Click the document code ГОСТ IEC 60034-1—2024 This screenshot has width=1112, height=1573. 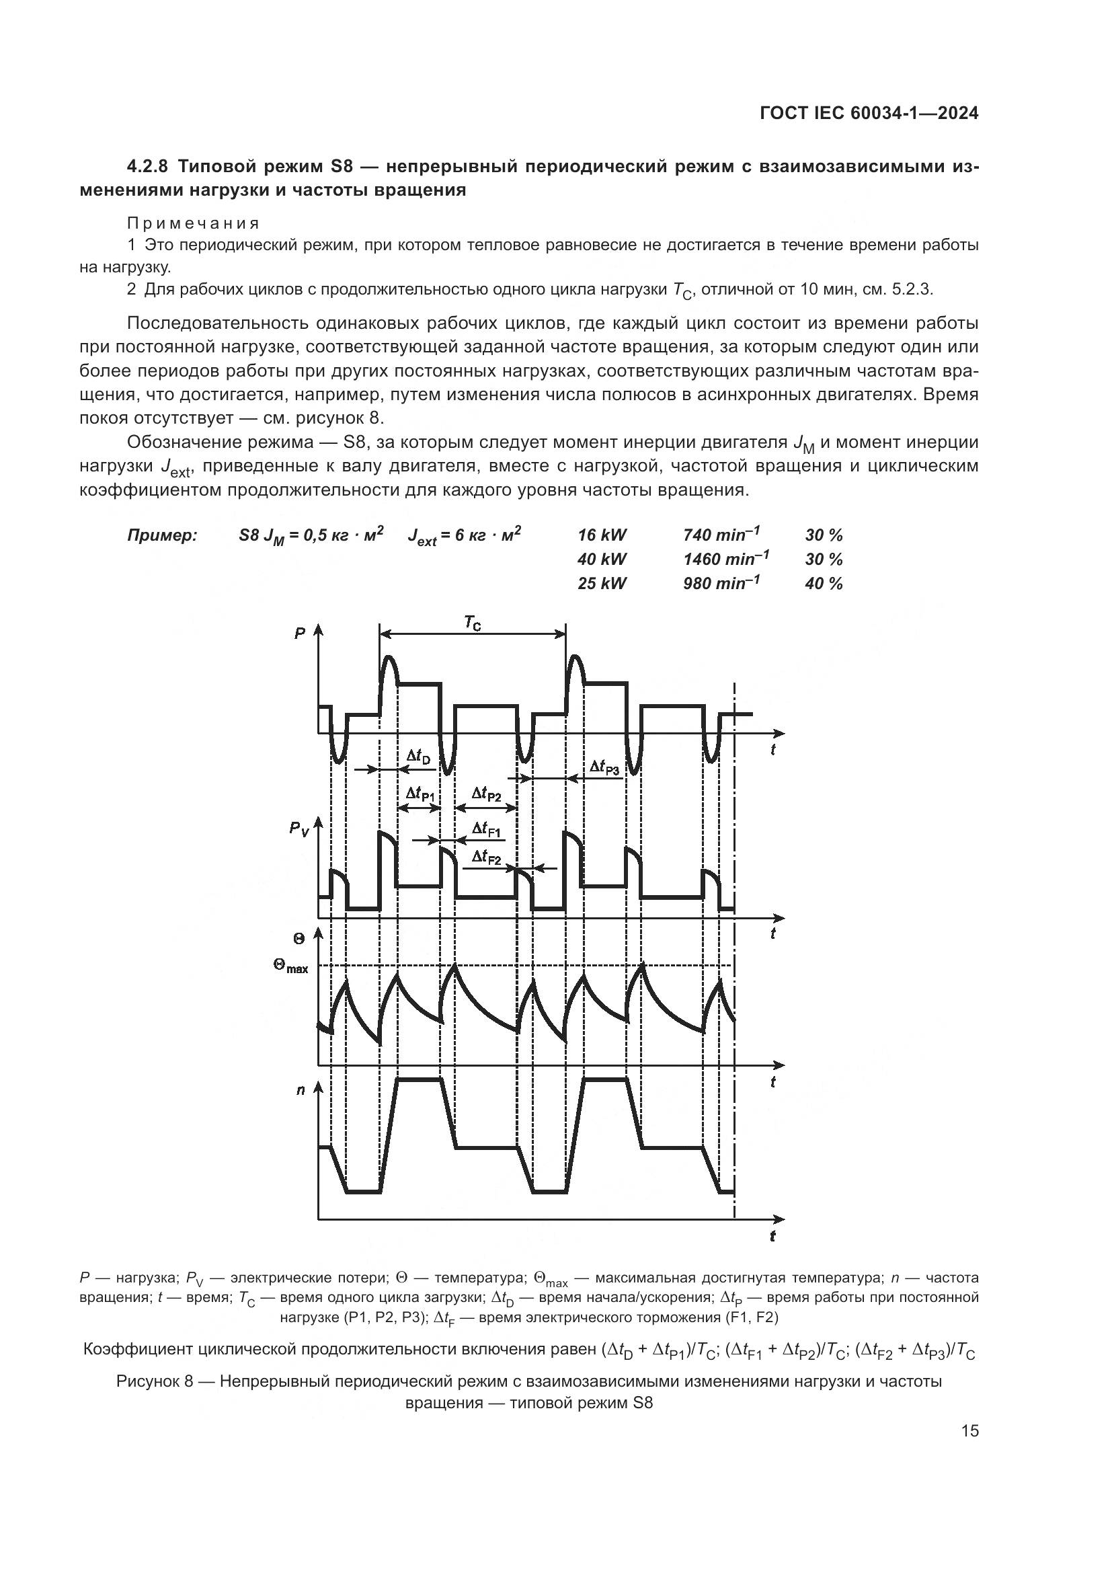(869, 114)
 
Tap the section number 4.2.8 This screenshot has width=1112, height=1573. (148, 167)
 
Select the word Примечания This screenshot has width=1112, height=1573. (193, 223)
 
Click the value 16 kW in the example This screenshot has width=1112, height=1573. (602, 535)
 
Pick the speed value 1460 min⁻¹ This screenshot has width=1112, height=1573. (726, 559)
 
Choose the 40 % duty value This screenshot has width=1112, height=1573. (824, 584)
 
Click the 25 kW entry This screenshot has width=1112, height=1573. (602, 584)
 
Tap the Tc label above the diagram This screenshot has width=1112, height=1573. (473, 623)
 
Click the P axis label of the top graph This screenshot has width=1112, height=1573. (300, 633)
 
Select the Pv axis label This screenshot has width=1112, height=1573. (299, 829)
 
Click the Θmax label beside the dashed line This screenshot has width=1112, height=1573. (290, 966)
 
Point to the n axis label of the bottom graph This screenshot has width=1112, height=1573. (300, 1089)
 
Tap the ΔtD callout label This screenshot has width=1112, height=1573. (419, 757)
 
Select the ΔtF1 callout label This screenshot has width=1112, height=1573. (487, 831)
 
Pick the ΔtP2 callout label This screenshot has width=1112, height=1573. (487, 794)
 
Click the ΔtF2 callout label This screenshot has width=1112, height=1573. (487, 856)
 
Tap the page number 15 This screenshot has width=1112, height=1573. (969, 1431)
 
